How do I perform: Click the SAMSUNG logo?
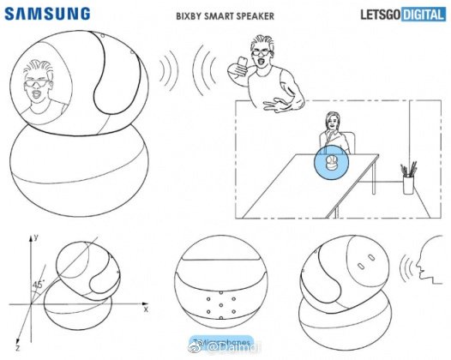[50, 12]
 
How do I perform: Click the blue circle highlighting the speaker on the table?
[331, 162]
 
